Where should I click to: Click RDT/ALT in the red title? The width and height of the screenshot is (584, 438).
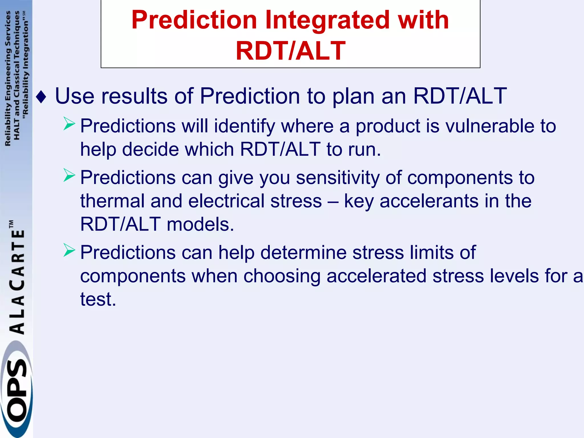click(291, 51)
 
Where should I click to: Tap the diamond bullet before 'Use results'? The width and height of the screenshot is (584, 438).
click(41, 97)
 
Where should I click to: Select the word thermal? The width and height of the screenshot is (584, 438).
click(112, 201)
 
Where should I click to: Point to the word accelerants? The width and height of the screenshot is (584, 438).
click(428, 201)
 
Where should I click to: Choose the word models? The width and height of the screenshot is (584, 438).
click(200, 224)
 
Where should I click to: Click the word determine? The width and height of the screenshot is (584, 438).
click(303, 253)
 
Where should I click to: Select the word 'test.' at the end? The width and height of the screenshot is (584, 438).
click(98, 299)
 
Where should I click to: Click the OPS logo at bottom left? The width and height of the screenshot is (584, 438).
click(16, 391)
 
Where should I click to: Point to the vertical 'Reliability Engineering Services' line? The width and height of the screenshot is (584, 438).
click(8, 78)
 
